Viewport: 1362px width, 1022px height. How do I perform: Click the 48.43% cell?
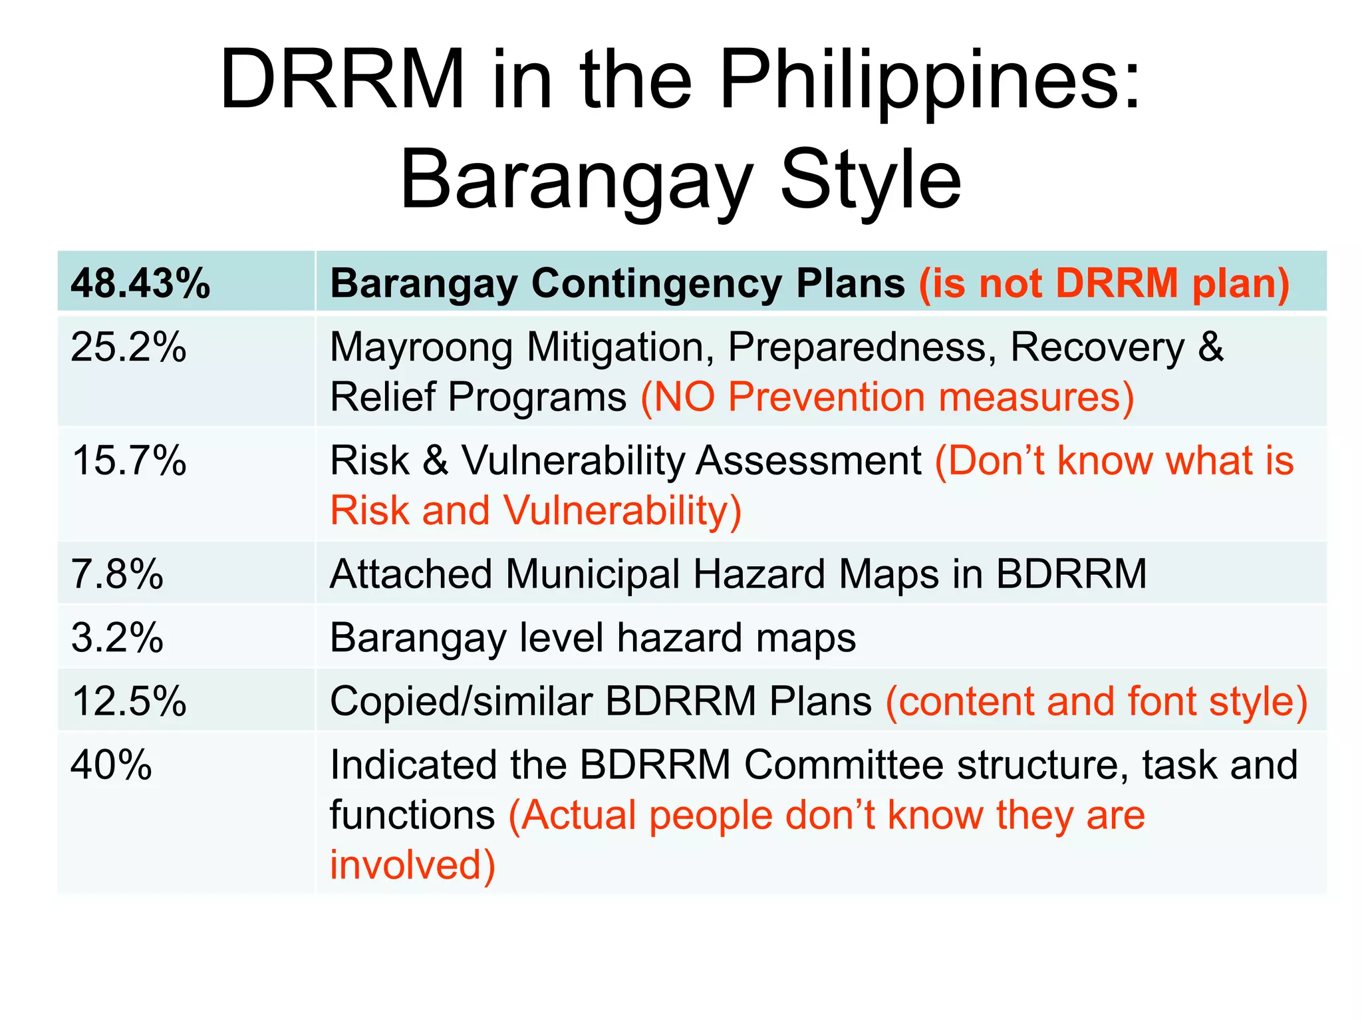click(x=140, y=283)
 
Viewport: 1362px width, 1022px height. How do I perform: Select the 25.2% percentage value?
click(x=128, y=347)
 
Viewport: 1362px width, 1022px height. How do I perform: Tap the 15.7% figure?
click(x=128, y=460)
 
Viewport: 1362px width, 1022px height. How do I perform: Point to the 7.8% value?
click(x=117, y=574)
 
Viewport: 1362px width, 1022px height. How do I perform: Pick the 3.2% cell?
click(x=117, y=637)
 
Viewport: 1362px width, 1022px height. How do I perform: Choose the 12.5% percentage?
click(x=128, y=701)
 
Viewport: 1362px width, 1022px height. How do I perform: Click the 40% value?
click(x=111, y=765)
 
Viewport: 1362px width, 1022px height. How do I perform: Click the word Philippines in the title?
click(x=930, y=80)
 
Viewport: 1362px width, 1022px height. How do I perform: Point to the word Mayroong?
click(x=422, y=348)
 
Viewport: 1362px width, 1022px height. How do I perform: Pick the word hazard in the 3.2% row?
click(x=679, y=637)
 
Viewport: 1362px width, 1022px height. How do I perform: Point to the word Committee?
click(x=843, y=765)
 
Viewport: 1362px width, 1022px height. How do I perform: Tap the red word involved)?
click(x=412, y=865)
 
